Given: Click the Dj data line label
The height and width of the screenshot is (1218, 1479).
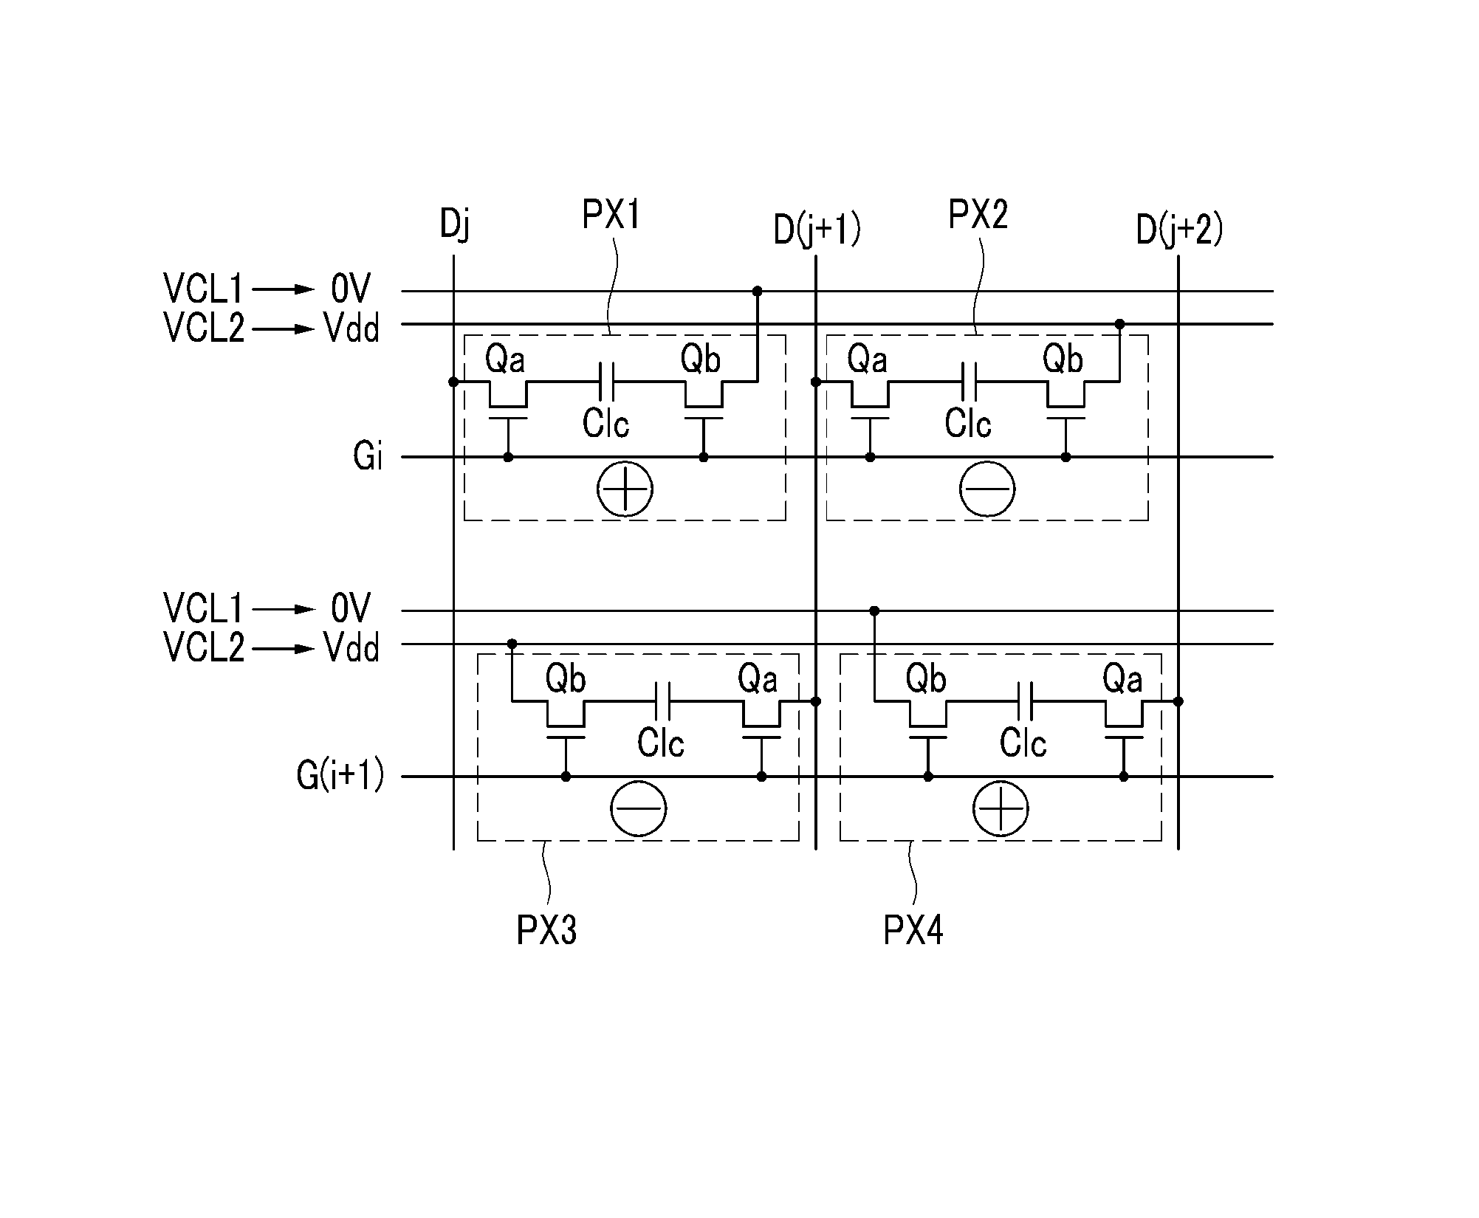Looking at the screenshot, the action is coord(454,224).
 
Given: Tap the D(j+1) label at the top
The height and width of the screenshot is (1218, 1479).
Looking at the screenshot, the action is coord(816,230).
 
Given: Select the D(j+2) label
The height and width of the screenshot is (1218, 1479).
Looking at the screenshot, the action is coord(1178,230).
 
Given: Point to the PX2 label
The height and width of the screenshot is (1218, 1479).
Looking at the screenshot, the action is coord(978,215).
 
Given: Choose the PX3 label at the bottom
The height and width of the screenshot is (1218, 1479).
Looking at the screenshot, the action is coord(546,930).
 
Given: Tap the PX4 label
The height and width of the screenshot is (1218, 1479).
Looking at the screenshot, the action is coord(913,930).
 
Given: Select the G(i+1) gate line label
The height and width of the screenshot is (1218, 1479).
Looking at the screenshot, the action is coord(340,776).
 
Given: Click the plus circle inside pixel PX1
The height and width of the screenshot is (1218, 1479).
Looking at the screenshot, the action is coord(625,489).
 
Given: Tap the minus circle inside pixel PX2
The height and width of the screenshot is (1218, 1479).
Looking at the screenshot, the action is coord(987,489).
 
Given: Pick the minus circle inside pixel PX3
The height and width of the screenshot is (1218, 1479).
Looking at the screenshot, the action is coord(639,808).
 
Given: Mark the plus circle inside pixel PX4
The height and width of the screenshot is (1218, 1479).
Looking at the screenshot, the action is coord(1001,808).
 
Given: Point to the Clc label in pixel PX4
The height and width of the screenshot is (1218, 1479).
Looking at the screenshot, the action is coord(1023,743).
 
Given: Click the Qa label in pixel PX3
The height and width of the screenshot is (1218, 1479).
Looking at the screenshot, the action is coord(758,679).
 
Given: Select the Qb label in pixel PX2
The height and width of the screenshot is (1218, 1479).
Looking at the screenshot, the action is coord(1063,359).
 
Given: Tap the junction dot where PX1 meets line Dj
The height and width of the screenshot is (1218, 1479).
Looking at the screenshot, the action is coord(453,382).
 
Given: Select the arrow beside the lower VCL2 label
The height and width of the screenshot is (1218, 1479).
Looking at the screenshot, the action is coord(284,649).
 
